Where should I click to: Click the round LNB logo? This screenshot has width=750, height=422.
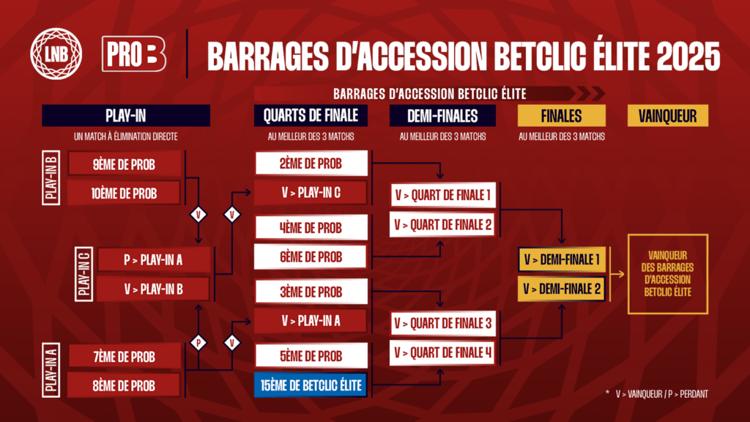pyautogui.click(x=56, y=53)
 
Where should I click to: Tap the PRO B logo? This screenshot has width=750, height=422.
pyautogui.click(x=134, y=54)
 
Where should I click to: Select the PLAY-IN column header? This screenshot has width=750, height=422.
pyautogui.click(x=126, y=116)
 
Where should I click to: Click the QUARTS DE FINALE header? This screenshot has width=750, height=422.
pyautogui.click(x=311, y=116)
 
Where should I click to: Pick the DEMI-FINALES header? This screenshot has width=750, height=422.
pyautogui.click(x=442, y=116)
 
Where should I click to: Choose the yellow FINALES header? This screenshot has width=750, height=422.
pyautogui.click(x=562, y=116)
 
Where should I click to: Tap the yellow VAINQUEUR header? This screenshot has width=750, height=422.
pyautogui.click(x=668, y=116)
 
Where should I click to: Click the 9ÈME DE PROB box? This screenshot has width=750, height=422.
pyautogui.click(x=125, y=164)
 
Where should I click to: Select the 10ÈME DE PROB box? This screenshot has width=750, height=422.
pyautogui.click(x=124, y=193)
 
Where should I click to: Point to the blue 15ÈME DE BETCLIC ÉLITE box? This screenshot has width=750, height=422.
pyautogui.click(x=311, y=385)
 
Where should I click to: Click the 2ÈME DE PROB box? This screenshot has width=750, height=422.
pyautogui.click(x=311, y=163)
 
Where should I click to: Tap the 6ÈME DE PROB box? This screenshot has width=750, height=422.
pyautogui.click(x=311, y=256)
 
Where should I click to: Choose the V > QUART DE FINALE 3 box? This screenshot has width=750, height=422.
pyautogui.click(x=443, y=323)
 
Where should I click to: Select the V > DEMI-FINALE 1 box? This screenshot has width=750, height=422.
pyautogui.click(x=562, y=260)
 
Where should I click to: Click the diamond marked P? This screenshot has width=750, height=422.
pyautogui.click(x=198, y=343)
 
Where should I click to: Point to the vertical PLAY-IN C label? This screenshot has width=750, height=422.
pyautogui.click(x=83, y=274)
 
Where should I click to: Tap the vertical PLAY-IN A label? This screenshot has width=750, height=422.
pyautogui.click(x=51, y=370)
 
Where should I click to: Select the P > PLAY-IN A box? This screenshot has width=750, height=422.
pyautogui.click(x=154, y=260)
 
